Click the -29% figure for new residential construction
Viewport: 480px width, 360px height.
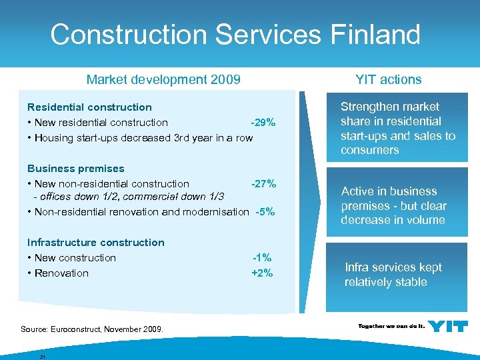click(263, 123)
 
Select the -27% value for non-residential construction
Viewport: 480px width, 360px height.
click(263, 183)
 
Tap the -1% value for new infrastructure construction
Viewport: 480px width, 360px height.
click(262, 258)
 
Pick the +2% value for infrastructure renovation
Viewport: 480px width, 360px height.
click(262, 273)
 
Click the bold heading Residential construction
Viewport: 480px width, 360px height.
click(89, 107)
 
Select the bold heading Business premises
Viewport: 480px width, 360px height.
click(75, 169)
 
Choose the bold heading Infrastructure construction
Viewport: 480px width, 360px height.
click(95, 243)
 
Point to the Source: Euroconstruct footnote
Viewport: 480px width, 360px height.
click(92, 329)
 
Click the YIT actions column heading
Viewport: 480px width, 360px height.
click(389, 80)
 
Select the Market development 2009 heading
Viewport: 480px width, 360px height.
click(163, 80)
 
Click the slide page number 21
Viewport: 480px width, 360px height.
click(42, 357)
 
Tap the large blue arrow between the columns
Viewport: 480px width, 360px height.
click(306, 200)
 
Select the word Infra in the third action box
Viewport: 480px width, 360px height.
click(357, 267)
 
